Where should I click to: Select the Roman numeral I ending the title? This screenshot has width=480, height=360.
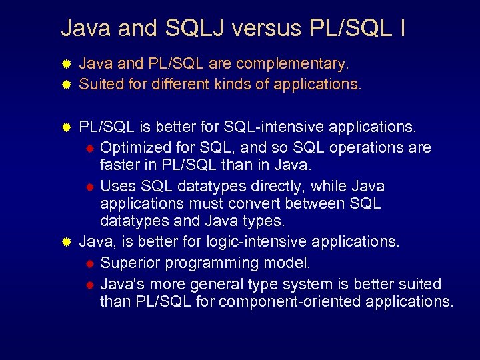tap(404, 28)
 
